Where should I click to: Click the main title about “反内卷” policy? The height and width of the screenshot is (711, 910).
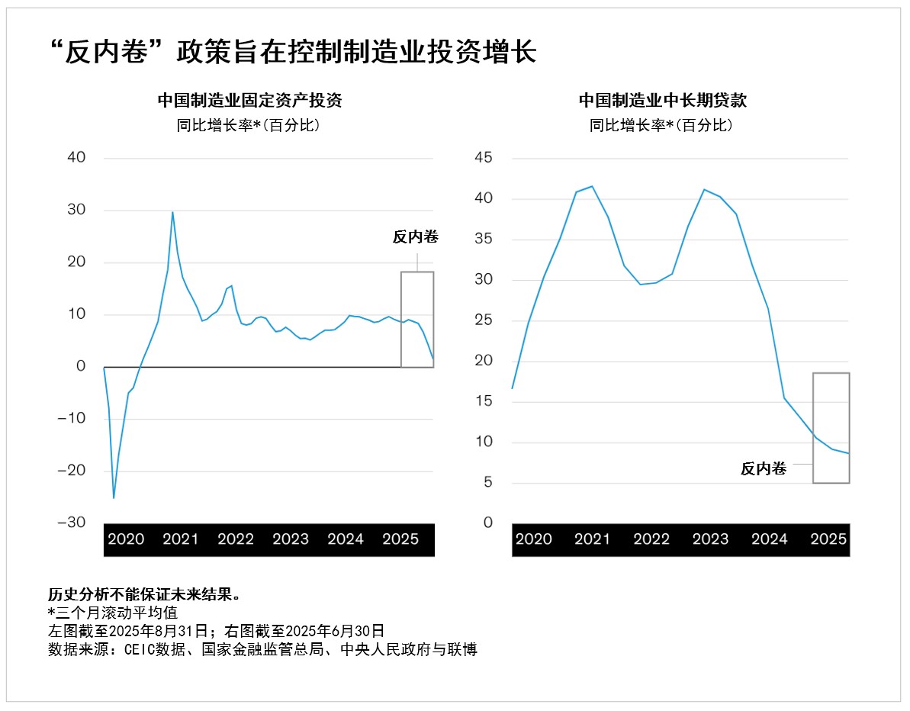coord(291,52)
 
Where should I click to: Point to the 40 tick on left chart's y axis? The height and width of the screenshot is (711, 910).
coord(76,158)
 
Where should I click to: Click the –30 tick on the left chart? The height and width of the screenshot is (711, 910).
coord(73,523)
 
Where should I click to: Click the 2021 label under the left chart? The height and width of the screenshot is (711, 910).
coord(181,539)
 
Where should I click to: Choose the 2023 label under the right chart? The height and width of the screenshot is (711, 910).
coord(710,539)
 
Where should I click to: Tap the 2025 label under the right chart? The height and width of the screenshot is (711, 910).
coord(828,539)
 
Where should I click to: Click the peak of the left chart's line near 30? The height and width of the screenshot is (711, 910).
coord(172,212)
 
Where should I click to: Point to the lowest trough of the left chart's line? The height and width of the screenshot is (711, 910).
coord(114,498)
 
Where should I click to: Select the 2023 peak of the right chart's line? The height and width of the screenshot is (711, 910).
coord(703,189)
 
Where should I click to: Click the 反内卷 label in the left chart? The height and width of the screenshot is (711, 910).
coord(416,237)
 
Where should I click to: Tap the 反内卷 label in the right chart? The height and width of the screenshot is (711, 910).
coord(763,469)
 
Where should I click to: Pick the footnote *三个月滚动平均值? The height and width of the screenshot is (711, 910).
coord(112,613)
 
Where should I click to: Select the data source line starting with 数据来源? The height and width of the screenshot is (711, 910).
coord(262,649)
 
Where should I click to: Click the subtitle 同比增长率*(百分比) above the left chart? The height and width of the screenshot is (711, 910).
coord(249,125)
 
